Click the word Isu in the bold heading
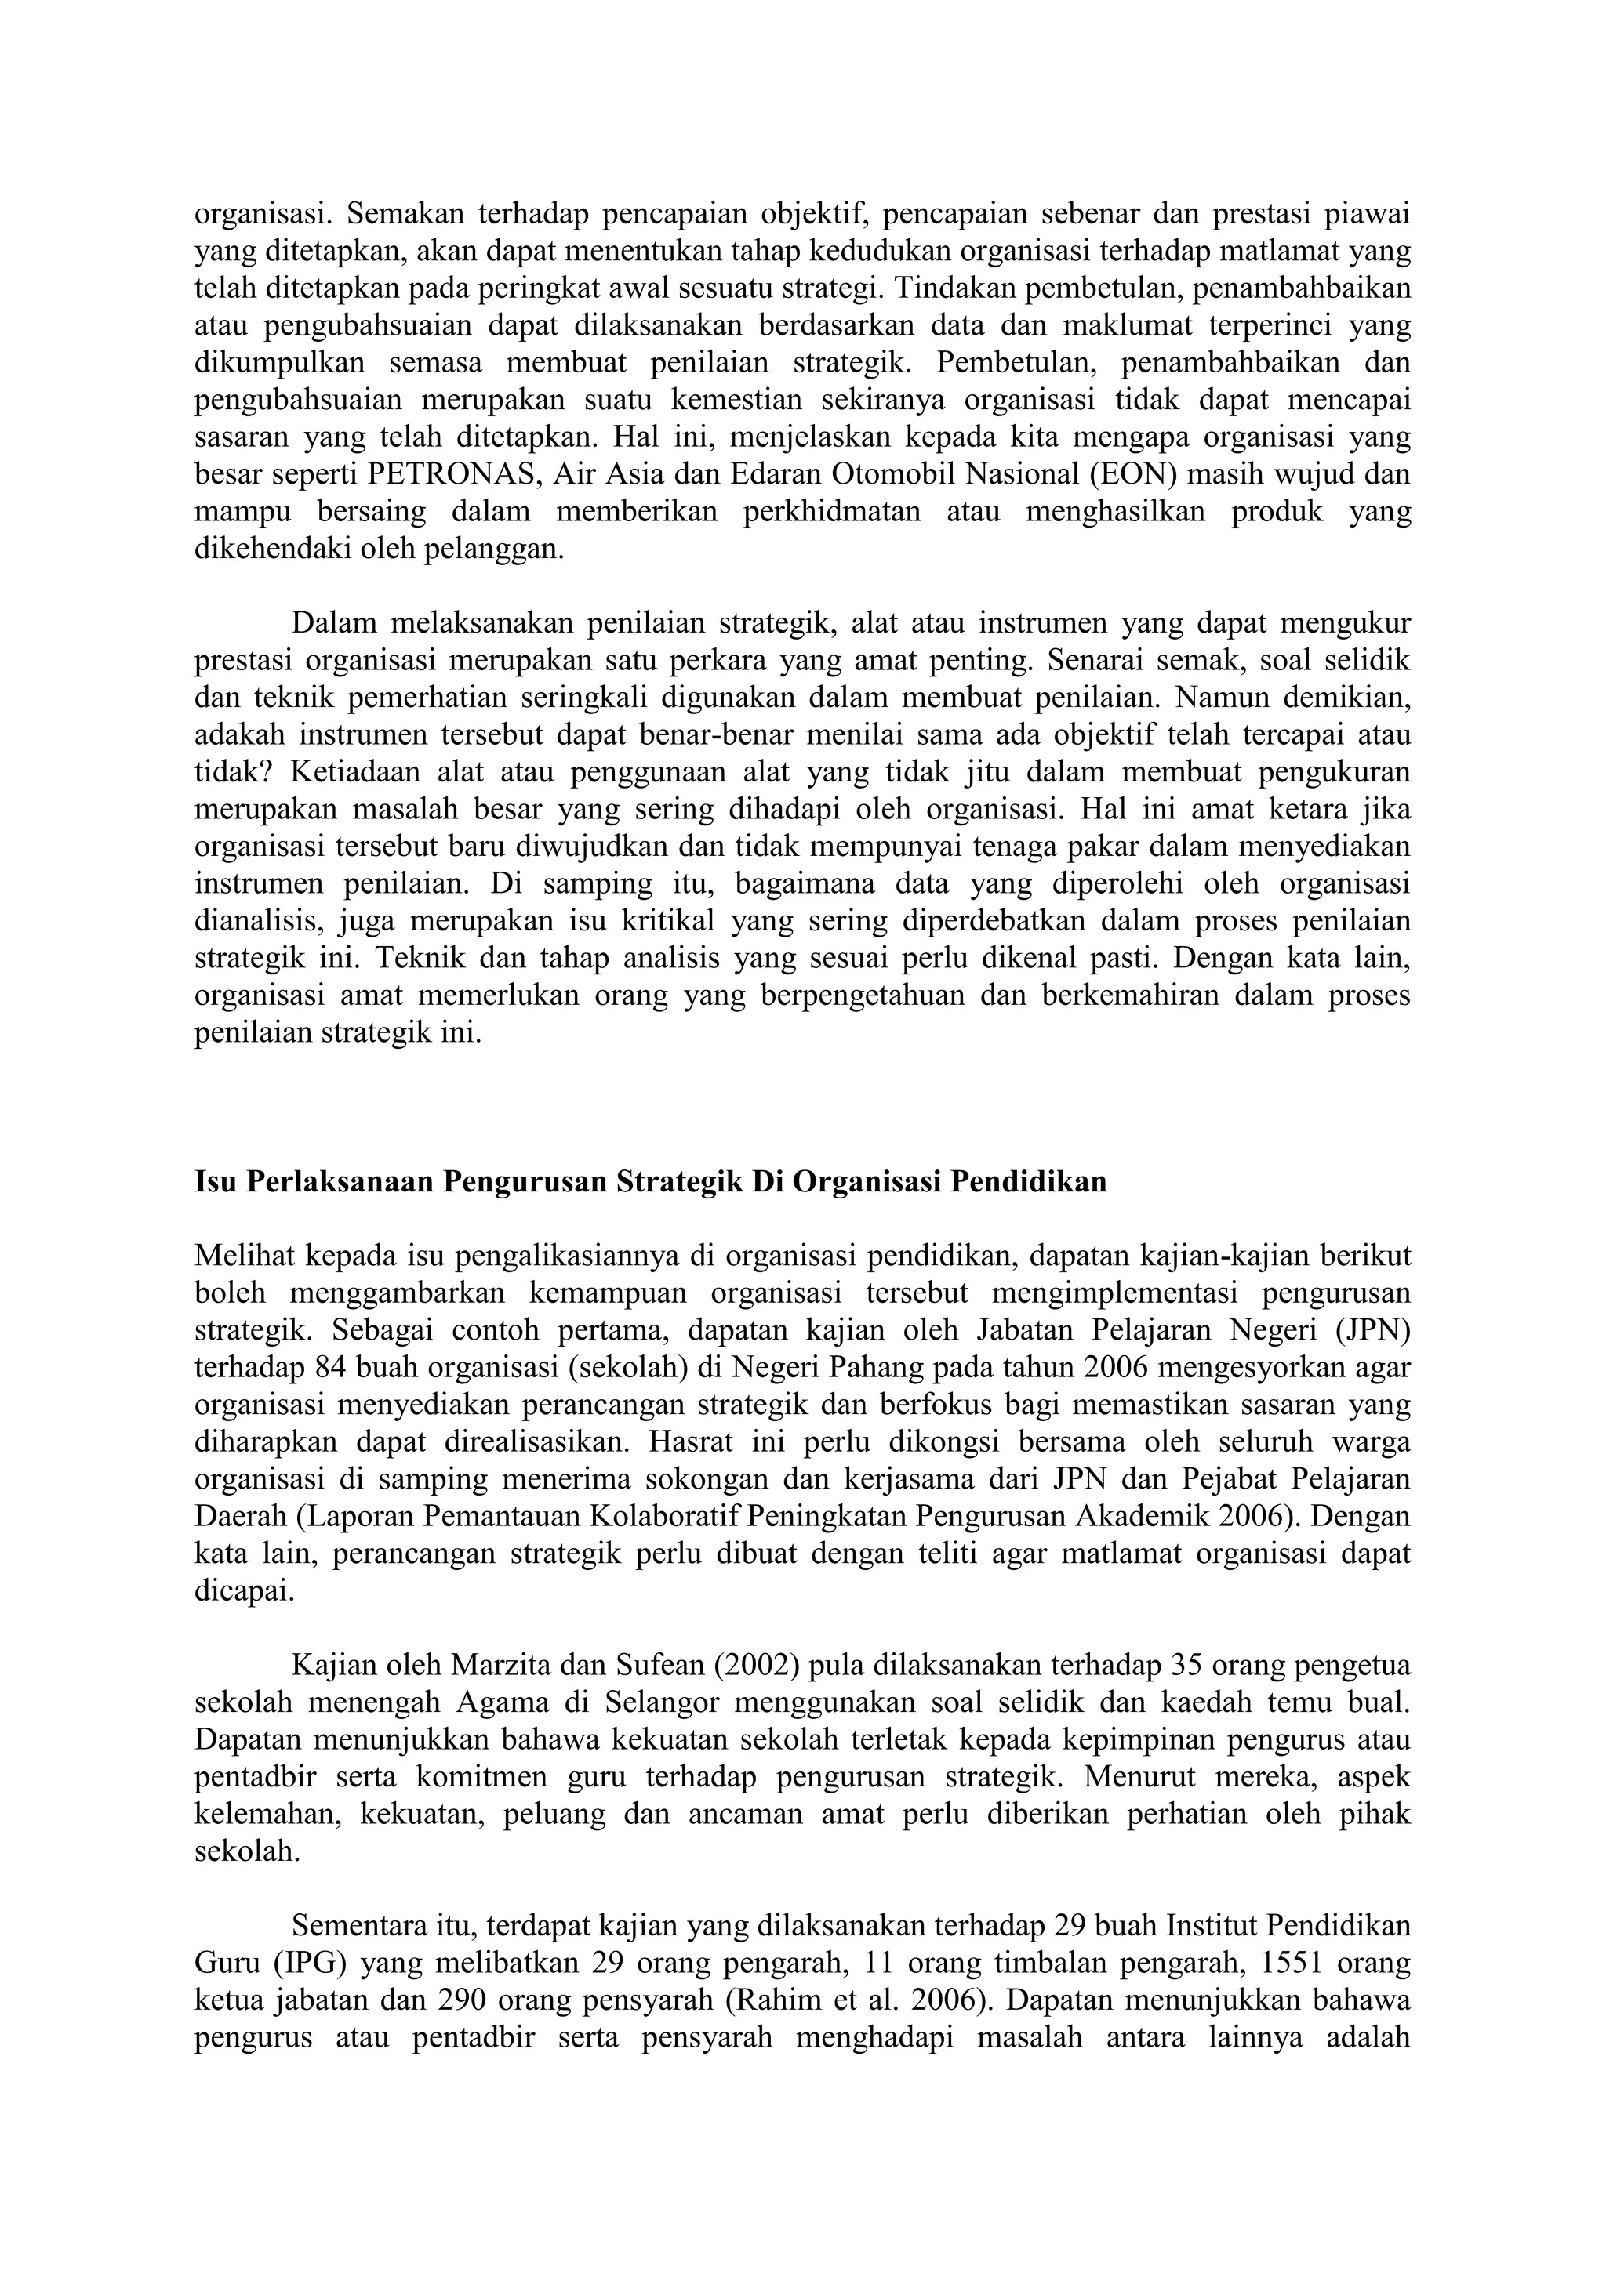[x=215, y=1181]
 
